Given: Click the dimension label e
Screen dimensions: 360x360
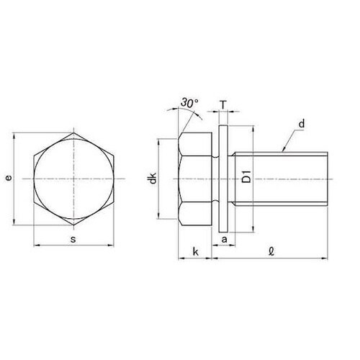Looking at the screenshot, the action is tap(9, 178).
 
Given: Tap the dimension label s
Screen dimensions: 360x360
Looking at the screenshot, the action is tap(73, 239).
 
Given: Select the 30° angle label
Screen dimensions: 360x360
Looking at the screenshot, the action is tap(189, 103).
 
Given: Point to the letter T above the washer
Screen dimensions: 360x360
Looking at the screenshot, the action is tap(223, 105).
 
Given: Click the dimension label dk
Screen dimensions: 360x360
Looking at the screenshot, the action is tap(153, 178).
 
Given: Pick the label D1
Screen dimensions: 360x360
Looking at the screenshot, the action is tap(246, 176).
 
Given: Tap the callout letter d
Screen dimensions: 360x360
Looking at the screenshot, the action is tap(302, 124).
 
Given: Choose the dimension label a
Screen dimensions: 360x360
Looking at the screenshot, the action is tap(224, 239).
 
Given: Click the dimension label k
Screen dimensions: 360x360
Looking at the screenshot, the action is tap(196, 252).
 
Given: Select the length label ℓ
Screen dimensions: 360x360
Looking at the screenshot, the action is tap(271, 251).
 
